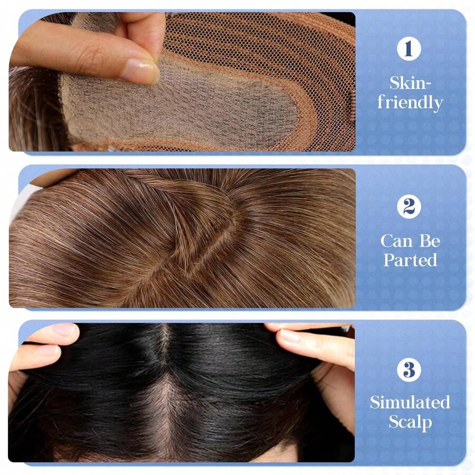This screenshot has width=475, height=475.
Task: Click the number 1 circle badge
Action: (x=409, y=50)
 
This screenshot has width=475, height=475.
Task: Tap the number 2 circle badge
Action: (x=409, y=206)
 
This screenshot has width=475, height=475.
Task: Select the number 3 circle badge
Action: (x=409, y=369)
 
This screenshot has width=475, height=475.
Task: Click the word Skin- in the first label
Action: (x=410, y=83)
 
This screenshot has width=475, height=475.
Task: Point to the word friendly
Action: (x=410, y=102)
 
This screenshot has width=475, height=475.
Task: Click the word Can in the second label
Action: (x=396, y=241)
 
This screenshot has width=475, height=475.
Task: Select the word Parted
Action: (x=410, y=260)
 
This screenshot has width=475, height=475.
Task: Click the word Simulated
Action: (x=410, y=402)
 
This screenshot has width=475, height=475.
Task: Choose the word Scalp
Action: (x=410, y=422)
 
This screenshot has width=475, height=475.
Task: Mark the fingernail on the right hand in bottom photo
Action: (x=290, y=336)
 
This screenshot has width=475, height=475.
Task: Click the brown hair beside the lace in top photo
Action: (x=32, y=111)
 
